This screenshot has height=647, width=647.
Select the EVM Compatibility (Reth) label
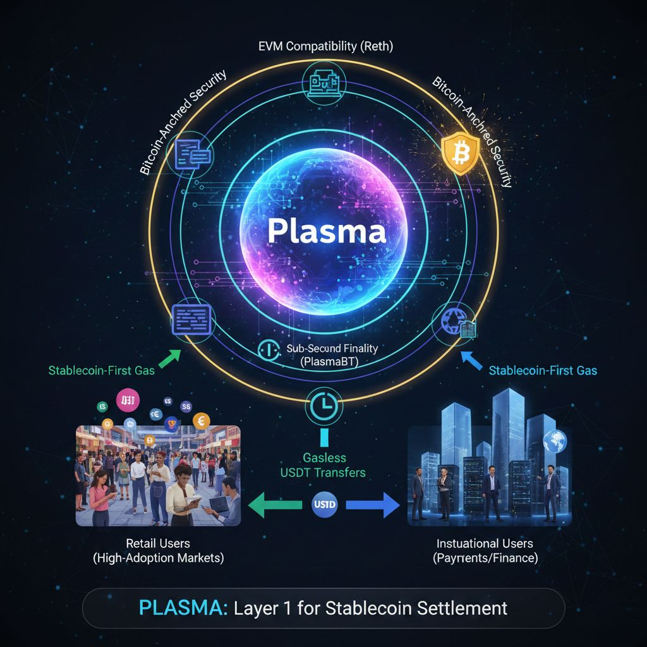point(323,47)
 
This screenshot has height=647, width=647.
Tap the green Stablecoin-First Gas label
point(101,370)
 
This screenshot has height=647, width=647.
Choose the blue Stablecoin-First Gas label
point(543,370)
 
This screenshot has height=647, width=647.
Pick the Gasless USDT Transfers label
point(323,464)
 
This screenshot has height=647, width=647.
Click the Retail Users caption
point(158,550)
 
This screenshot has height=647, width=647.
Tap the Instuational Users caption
point(485,550)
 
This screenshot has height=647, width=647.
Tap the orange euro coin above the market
point(203,421)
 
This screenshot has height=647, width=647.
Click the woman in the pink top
point(101,496)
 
